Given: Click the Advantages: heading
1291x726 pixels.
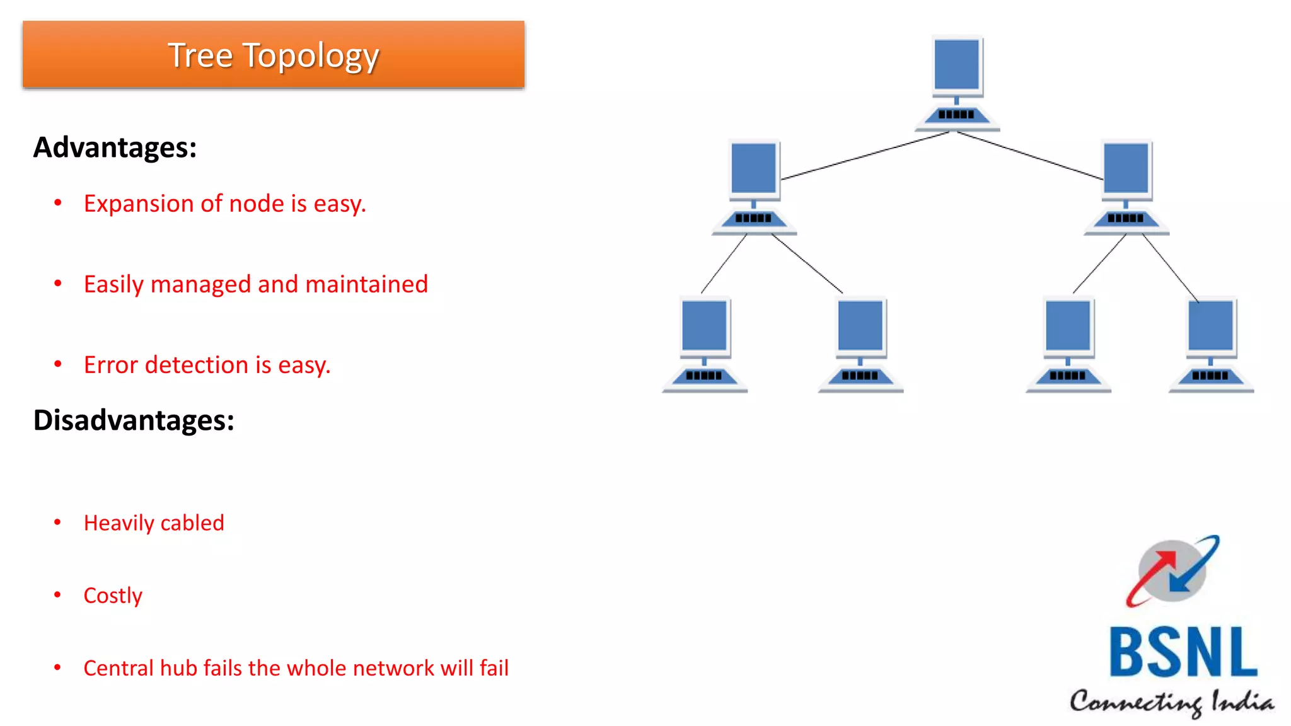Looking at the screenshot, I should coord(115,147).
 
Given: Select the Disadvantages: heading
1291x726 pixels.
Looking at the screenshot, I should coord(134,420).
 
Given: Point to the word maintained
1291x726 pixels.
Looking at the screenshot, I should coord(366,284).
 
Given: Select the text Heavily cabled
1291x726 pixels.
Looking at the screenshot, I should coord(154,523).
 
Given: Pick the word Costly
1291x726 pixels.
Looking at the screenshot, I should coord(113,596).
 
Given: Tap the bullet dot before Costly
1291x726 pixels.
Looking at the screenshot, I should coord(57,594).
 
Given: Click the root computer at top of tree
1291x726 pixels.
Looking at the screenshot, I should coord(957,82).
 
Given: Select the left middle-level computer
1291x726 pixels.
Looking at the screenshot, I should coord(754,187).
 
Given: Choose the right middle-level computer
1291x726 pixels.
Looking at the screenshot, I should coord(1126,187).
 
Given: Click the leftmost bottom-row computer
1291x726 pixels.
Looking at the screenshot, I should coord(704,344).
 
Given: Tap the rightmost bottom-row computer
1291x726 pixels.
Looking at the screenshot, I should coord(1211,344).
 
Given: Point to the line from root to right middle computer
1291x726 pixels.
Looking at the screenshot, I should coord(1031,156).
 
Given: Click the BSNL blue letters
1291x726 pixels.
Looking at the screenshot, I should coord(1183,652).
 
